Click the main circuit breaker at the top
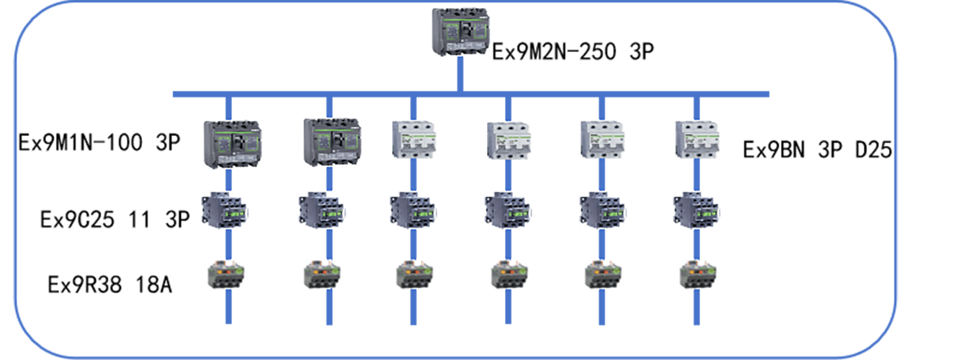(460, 32)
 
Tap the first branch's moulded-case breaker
(232, 144)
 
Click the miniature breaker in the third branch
(413, 138)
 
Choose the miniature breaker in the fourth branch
(509, 140)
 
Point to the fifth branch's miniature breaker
(602, 138)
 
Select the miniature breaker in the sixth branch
(697, 138)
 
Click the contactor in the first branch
(225, 210)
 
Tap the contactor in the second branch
(322, 210)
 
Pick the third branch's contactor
(413, 210)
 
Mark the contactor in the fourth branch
(508, 210)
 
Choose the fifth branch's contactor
(603, 210)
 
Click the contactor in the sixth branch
(697, 210)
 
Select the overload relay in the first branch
(226, 274)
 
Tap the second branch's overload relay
(322, 274)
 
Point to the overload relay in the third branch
(414, 274)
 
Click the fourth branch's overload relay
(509, 274)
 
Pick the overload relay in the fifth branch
(603, 274)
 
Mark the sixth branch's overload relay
(697, 274)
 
